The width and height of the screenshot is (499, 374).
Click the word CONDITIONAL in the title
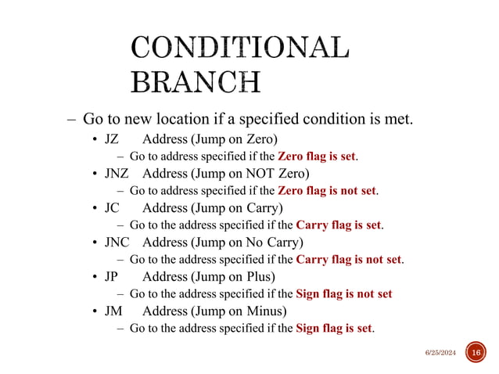click(239, 48)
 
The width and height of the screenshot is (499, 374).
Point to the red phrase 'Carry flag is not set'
click(350, 259)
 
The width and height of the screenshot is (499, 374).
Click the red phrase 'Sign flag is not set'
click(344, 293)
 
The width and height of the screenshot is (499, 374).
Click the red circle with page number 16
click(475, 353)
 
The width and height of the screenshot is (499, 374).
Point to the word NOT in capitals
click(261, 173)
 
